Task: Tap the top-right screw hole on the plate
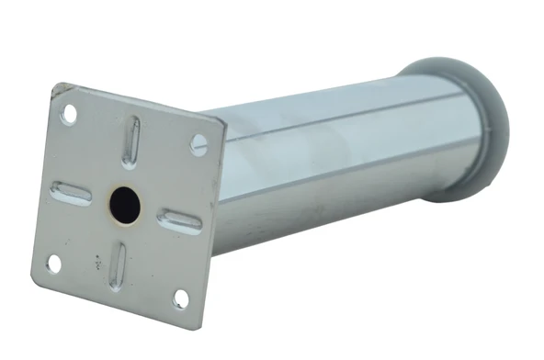point(198,143)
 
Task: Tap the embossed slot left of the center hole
point(71,193)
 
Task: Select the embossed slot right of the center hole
point(179,220)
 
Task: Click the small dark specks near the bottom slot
point(96,261)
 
